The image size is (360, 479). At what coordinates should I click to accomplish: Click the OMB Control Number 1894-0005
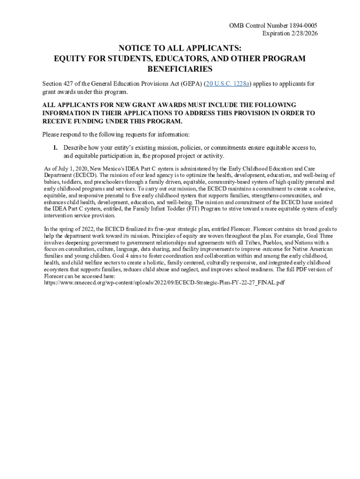coord(274,25)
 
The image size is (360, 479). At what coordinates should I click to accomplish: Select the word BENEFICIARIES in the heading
coord(180,69)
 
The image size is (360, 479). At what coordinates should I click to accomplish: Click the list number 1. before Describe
coord(55,148)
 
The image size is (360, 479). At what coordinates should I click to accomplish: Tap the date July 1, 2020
coord(70,168)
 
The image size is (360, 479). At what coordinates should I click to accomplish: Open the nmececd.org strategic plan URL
coord(164,283)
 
